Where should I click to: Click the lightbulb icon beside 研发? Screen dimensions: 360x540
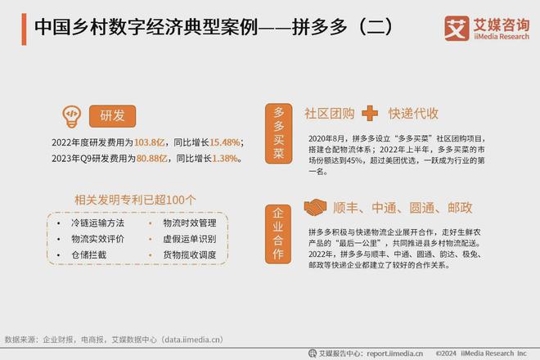coord(71,114)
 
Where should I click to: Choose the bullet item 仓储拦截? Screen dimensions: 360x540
coord(88,254)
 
